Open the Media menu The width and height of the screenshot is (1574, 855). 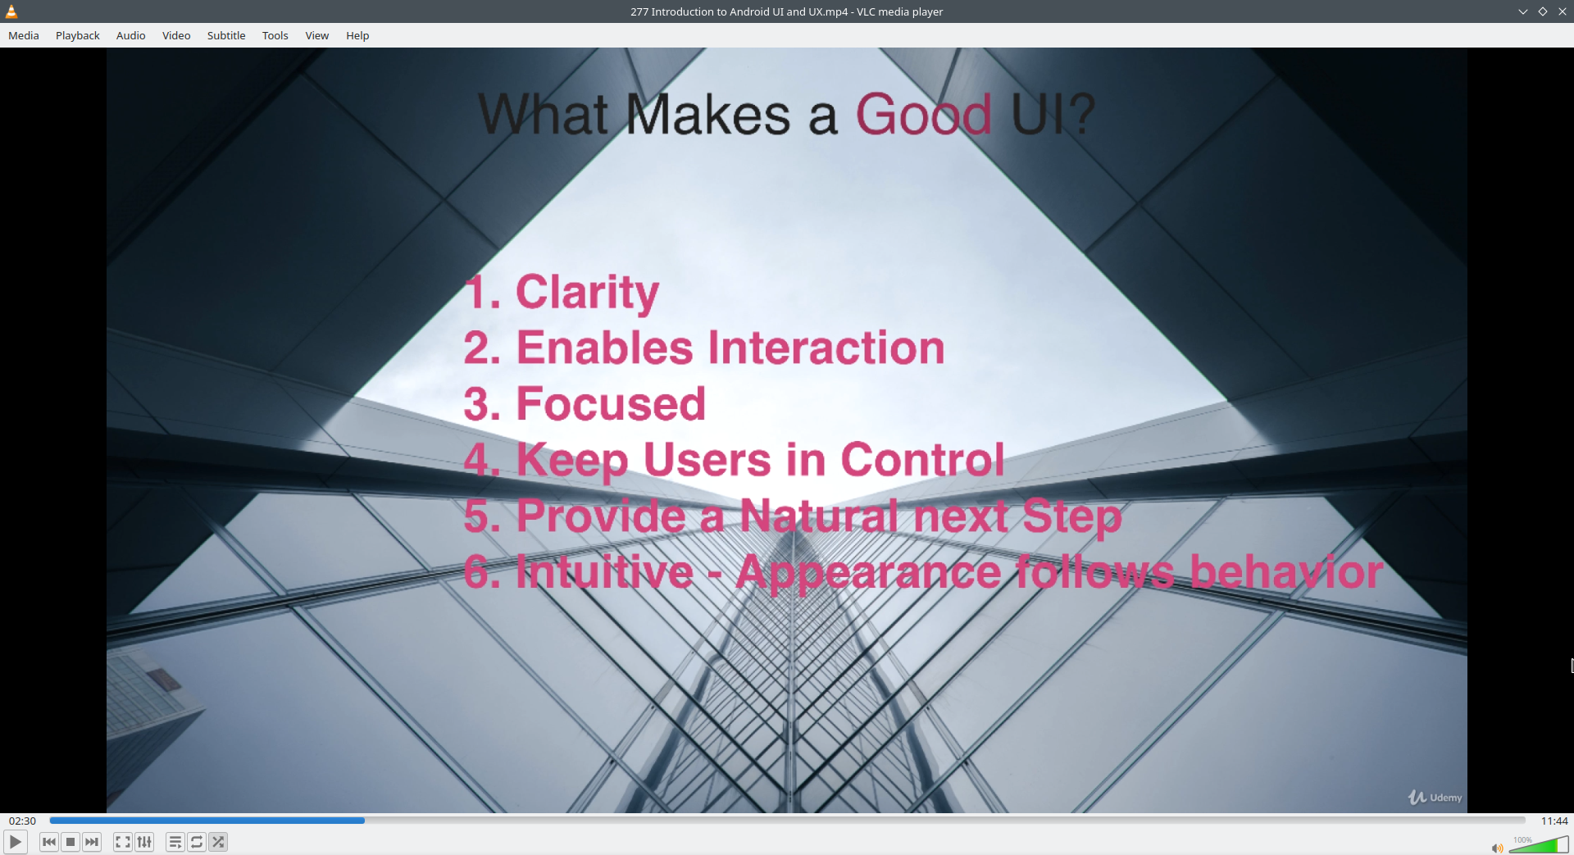point(24,35)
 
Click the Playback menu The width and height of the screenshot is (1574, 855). point(78,35)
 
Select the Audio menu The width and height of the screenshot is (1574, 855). point(130,35)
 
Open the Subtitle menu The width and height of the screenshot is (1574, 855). point(226,35)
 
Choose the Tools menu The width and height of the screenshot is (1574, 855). point(275,35)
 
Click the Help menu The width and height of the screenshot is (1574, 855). point(357,35)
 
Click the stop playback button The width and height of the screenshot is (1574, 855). point(71,842)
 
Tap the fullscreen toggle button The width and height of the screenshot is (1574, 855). point(123,842)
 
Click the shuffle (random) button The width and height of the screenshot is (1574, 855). point(218,842)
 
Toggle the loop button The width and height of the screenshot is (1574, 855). point(197,842)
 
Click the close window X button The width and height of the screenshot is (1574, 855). point(1563,11)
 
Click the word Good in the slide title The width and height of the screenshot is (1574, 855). point(924,114)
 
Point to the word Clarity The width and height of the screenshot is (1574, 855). point(587,293)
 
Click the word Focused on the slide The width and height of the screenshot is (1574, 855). point(611,403)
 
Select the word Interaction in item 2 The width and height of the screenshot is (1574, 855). point(826,348)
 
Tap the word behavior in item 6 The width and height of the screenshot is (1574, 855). point(1286,571)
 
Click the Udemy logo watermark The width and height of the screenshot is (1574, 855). point(1435,797)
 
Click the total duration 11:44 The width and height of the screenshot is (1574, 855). point(1554,821)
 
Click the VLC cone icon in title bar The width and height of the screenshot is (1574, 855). point(11,11)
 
